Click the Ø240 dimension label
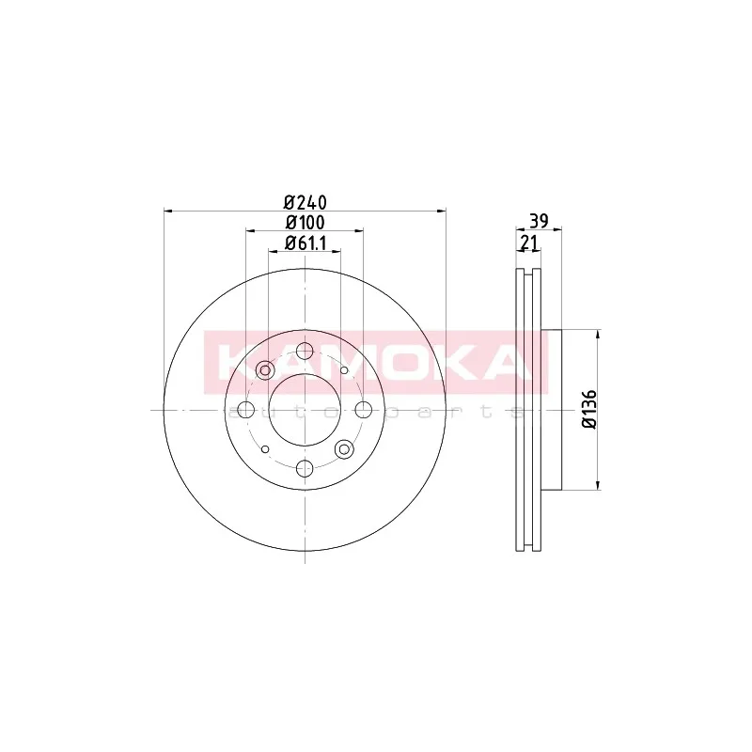pos(305,203)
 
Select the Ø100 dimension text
pos(305,223)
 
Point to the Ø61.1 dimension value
pos(305,243)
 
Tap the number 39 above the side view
pos(539,221)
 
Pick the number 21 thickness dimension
pos(528,243)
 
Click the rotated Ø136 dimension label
pos(588,409)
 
